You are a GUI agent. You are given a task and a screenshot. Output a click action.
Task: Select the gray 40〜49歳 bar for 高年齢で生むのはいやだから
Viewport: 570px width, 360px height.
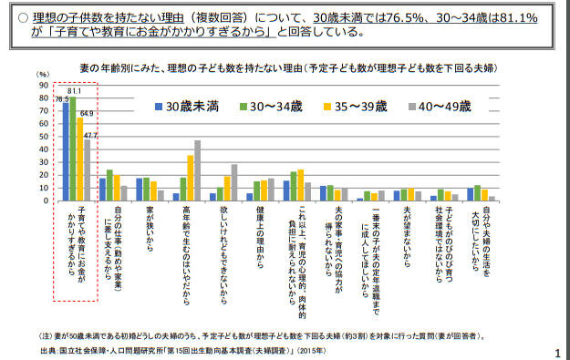[197, 170]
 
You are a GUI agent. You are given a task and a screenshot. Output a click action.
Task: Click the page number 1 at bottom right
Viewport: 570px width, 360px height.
[556, 352]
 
